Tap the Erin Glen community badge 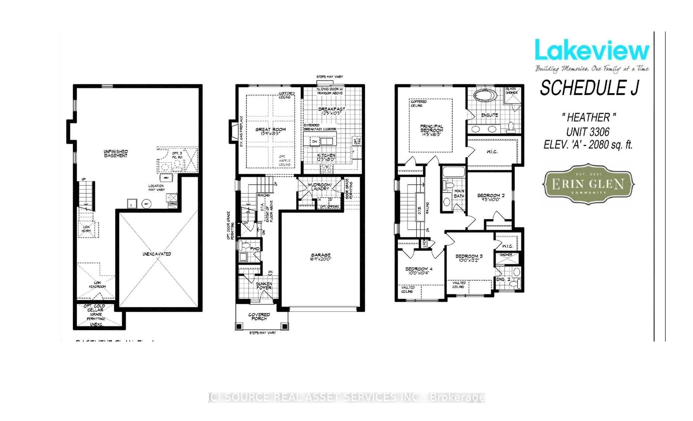coord(588,184)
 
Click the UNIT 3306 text coord(588,132)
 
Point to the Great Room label coord(270,129)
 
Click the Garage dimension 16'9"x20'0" coord(321,259)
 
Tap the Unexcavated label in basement coord(157,254)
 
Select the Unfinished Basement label coord(116,153)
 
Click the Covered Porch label coord(259,316)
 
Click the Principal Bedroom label coord(432,128)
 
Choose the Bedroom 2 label coord(491,195)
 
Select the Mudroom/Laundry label coord(320,187)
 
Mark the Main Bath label coord(459,193)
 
